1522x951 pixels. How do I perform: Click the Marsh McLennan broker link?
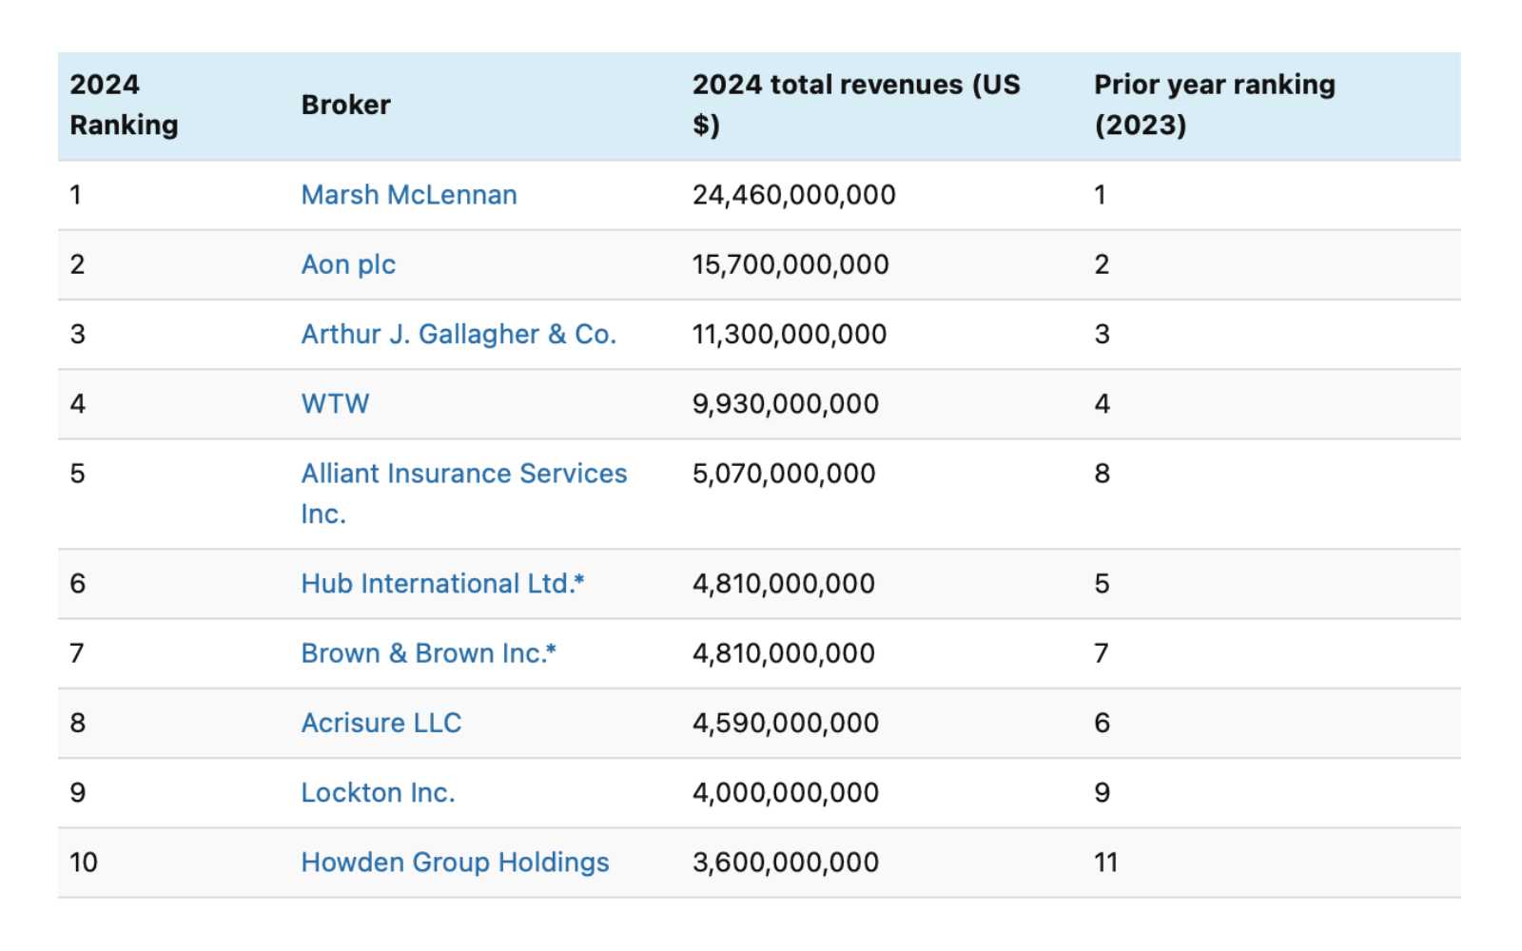point(409,195)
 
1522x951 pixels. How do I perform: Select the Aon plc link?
point(348,264)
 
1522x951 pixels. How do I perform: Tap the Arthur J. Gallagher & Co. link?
point(459,335)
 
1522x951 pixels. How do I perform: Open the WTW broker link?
point(335,404)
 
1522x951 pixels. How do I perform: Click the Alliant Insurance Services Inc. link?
point(463,474)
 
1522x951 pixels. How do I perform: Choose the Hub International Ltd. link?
point(441,584)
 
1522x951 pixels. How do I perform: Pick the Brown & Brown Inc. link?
point(427,653)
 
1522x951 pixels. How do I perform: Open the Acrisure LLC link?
point(380,723)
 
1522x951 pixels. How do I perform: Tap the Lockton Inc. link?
point(378,793)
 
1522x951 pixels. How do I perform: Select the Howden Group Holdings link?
point(455,863)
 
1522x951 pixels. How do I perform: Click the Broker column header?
point(345,105)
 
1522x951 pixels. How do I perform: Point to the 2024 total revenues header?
point(855,105)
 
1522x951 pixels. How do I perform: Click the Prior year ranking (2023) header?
point(1214,105)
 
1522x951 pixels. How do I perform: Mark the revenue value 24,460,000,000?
point(793,195)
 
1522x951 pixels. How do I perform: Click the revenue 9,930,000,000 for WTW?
point(785,404)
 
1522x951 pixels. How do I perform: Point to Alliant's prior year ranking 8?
point(1102,474)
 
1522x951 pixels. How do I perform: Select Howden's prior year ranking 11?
point(1105,863)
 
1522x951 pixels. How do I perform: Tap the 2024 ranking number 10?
point(84,863)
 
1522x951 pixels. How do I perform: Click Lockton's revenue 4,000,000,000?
point(785,793)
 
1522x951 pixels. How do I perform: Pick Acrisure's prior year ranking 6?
point(1102,723)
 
